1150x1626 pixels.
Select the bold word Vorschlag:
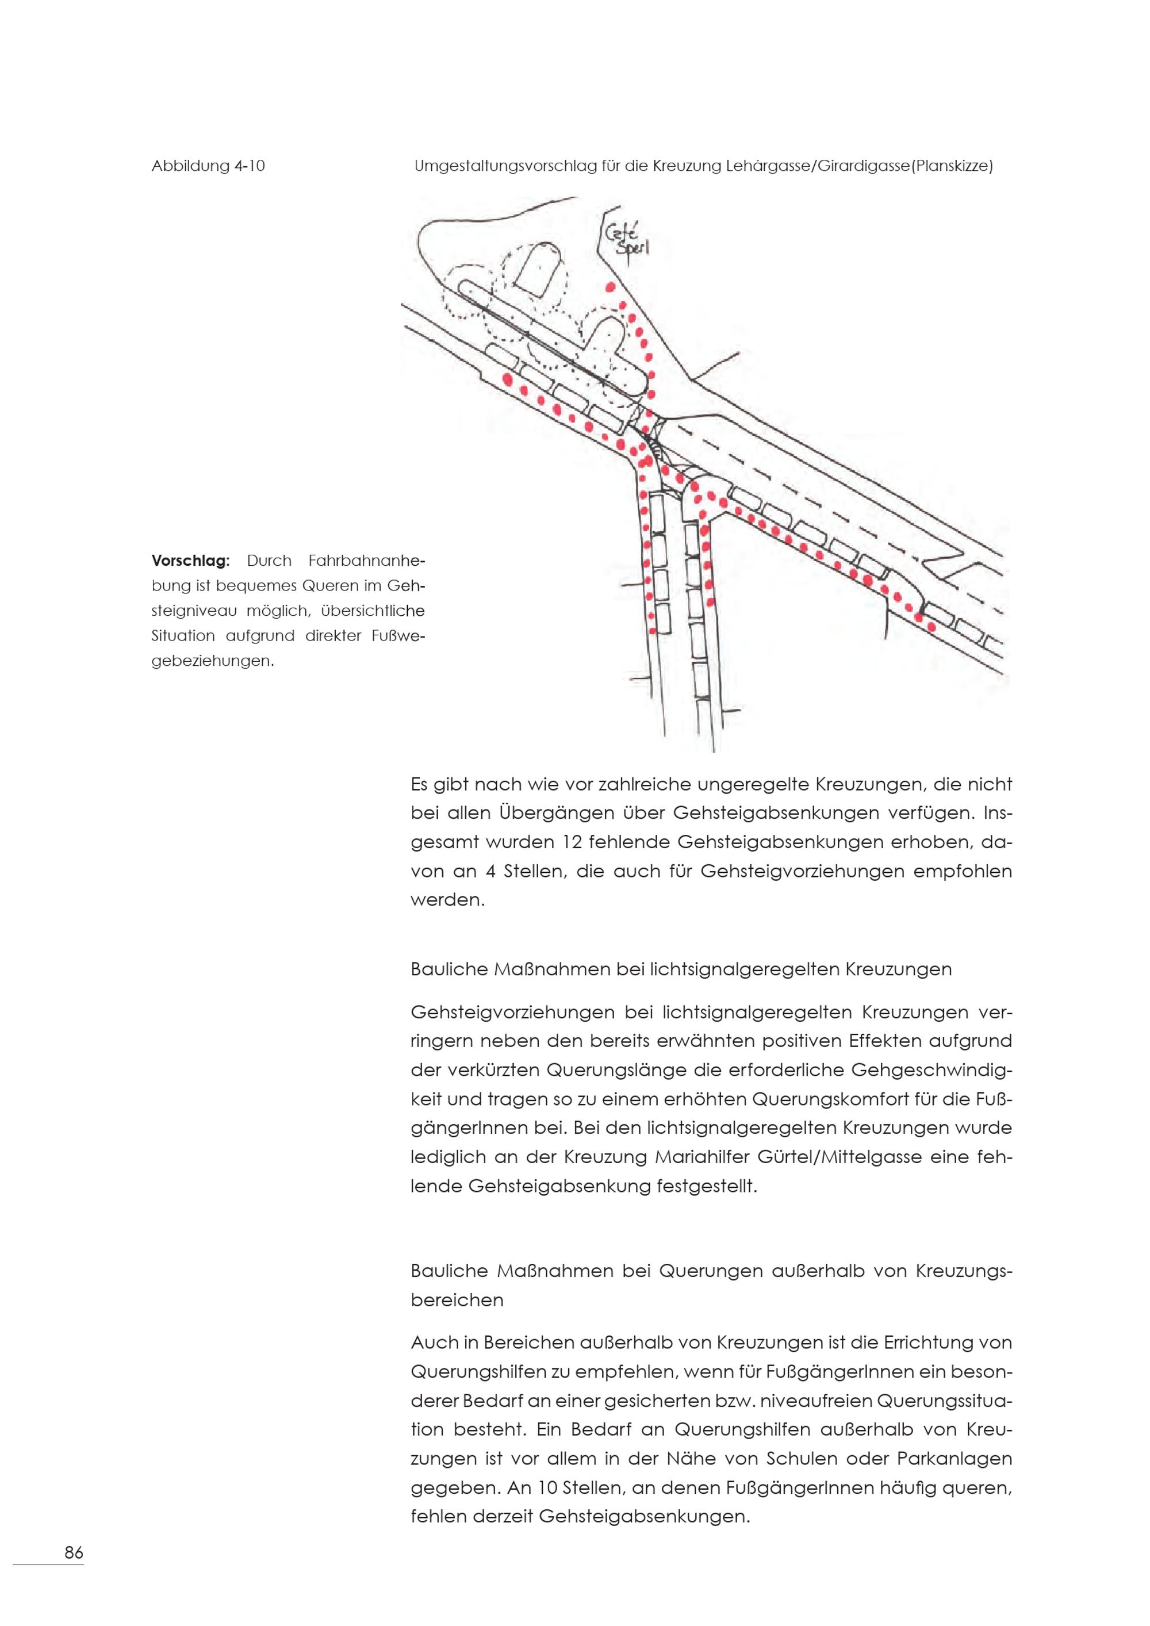point(190,561)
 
